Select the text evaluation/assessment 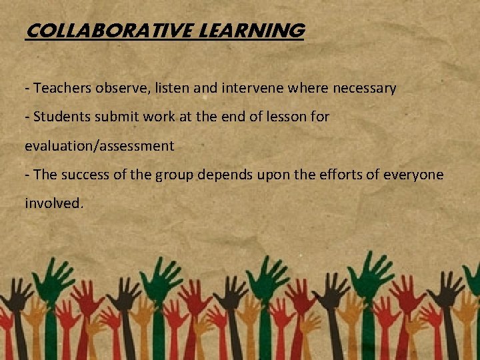99,146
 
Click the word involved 54,203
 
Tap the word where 315,88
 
